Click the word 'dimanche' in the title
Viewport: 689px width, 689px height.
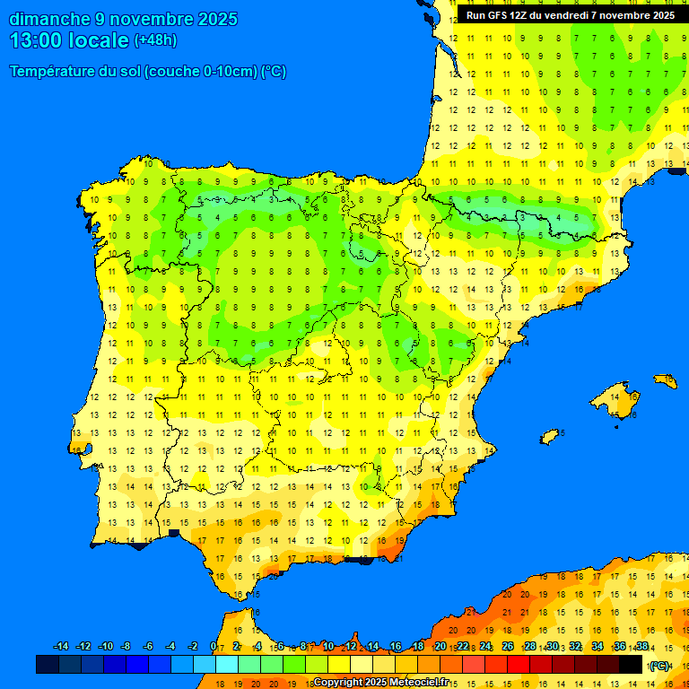tap(49, 19)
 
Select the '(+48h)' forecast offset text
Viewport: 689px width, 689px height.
tap(155, 40)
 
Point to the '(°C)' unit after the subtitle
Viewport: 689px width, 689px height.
tap(273, 72)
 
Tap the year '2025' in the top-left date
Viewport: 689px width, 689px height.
tap(216, 19)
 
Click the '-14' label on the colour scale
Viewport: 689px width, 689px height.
tap(61, 647)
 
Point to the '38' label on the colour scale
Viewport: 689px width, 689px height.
tap(641, 647)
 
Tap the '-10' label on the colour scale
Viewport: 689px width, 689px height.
tap(105, 647)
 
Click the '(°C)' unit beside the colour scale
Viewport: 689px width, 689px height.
tap(659, 665)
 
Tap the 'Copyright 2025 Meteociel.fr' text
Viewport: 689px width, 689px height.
tap(380, 683)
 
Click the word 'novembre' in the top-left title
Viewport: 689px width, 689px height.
tap(149, 19)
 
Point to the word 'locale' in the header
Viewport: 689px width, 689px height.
tap(99, 40)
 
